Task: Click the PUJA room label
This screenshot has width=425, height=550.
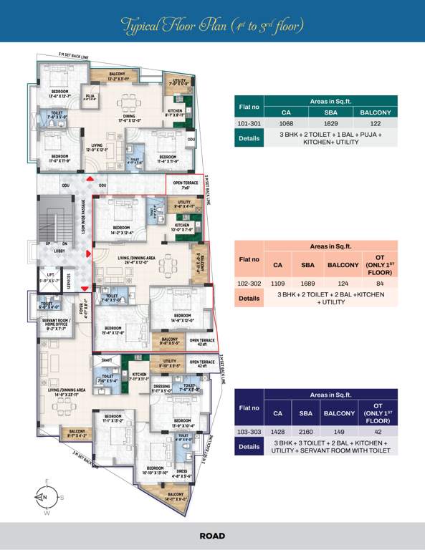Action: point(90,97)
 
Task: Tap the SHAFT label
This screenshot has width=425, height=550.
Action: point(107,361)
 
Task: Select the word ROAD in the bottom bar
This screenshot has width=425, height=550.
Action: point(212,536)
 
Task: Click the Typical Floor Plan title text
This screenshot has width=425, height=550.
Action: point(212,26)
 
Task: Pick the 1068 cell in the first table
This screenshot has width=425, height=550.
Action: point(285,123)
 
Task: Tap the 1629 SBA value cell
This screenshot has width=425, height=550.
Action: point(330,123)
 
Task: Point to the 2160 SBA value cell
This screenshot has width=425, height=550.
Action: point(306,432)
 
